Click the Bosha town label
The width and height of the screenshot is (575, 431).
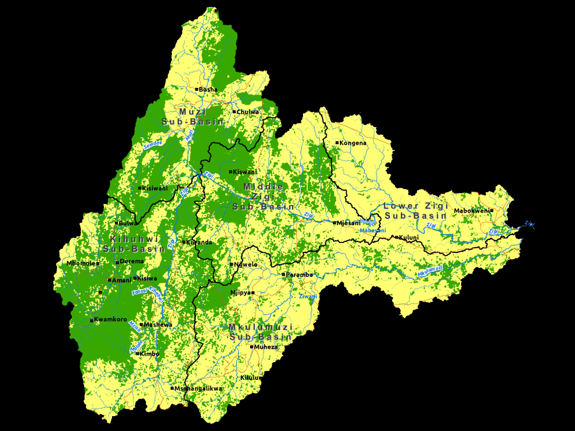pos(208,90)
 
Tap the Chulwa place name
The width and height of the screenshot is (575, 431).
pos(248,112)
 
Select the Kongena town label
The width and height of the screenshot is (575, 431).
pos(352,143)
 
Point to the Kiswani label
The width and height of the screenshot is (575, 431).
pos(246,172)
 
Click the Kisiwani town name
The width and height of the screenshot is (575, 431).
pos(155,188)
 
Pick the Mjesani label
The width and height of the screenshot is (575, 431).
pos(348,223)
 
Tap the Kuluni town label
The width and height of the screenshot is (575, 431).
pos(409,237)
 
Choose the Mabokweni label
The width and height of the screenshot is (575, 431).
pos(471,211)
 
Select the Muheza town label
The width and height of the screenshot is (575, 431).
pos(267,347)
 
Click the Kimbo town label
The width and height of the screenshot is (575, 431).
pos(149,354)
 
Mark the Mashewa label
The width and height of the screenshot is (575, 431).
pos(158,325)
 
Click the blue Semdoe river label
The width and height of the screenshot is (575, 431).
pos(153,143)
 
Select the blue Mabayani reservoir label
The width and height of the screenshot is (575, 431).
pos(373,230)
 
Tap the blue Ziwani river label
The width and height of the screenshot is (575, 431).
pos(308,297)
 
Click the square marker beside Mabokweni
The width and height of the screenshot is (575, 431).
pos(492,211)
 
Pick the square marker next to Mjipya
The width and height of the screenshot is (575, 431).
pos(252,293)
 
